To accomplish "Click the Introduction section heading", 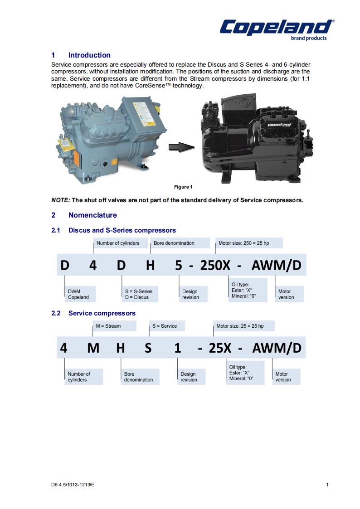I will (x=89, y=55).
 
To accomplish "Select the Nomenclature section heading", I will (x=92, y=215).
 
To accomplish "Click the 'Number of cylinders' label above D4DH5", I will (x=118, y=243).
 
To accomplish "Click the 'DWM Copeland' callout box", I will (x=78, y=294).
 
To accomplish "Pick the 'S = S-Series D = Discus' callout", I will (x=139, y=294).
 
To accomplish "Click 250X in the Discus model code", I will (x=215, y=265).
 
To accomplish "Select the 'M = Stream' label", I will (x=108, y=326).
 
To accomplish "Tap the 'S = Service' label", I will (x=165, y=326).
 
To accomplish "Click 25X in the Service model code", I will (x=220, y=348).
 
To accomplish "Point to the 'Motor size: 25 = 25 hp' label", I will (x=240, y=326).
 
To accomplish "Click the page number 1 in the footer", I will (x=327, y=485).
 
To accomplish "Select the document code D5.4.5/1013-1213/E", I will (x=73, y=485).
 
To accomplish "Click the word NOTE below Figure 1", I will (x=61, y=200).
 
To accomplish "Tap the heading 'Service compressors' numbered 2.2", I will (x=102, y=313).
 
